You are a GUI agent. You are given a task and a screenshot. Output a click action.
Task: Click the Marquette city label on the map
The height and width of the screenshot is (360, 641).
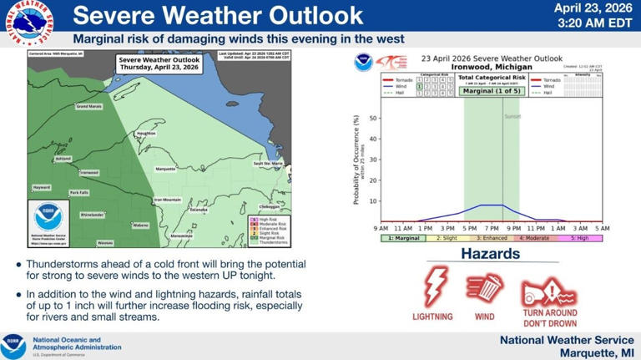click(x=165, y=169)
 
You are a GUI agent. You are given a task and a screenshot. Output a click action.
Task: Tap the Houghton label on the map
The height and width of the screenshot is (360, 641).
click(x=146, y=133)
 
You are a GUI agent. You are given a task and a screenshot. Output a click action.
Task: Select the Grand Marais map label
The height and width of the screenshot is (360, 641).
click(x=88, y=107)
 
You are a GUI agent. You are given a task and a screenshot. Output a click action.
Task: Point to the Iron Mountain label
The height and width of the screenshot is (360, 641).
click(x=167, y=200)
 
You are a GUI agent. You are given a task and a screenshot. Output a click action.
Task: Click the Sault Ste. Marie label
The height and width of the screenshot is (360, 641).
click(x=268, y=163)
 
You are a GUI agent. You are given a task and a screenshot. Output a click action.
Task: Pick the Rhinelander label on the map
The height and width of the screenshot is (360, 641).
click(x=92, y=215)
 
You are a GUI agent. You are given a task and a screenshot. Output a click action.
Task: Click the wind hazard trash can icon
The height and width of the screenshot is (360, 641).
click(x=485, y=287)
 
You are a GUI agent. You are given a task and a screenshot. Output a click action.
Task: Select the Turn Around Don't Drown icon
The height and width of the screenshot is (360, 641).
click(x=548, y=292)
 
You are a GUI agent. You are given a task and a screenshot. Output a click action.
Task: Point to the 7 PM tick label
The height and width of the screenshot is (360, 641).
click(x=492, y=228)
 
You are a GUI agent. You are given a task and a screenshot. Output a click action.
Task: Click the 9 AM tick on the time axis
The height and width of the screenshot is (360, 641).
click(x=381, y=228)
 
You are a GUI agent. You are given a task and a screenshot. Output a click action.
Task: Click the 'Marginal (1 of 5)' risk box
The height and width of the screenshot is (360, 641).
click(x=491, y=90)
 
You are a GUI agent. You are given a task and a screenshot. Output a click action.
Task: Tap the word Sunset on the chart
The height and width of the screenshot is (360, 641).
click(x=512, y=116)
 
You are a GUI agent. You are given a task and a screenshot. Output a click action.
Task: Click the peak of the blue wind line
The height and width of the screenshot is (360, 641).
click(x=492, y=205)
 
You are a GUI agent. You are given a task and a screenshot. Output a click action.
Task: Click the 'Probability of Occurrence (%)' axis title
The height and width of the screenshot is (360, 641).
click(x=356, y=160)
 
